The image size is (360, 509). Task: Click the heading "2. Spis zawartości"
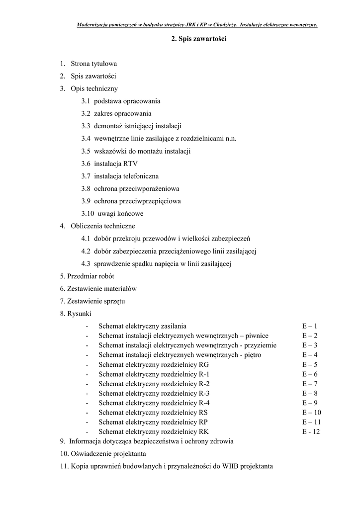click(x=198, y=39)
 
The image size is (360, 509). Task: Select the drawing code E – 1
click(x=309, y=326)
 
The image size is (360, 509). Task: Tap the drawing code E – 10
click(x=311, y=413)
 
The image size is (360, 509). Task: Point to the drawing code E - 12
click(x=311, y=431)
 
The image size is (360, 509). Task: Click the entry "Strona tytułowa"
click(x=94, y=64)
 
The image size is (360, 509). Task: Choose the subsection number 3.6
click(x=86, y=164)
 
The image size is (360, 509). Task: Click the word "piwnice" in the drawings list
click(x=258, y=336)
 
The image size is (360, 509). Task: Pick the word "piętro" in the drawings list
click(x=250, y=355)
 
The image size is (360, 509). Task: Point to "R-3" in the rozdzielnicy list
click(x=204, y=393)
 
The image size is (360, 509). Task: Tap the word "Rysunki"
click(x=79, y=314)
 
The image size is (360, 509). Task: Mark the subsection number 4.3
click(x=86, y=263)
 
